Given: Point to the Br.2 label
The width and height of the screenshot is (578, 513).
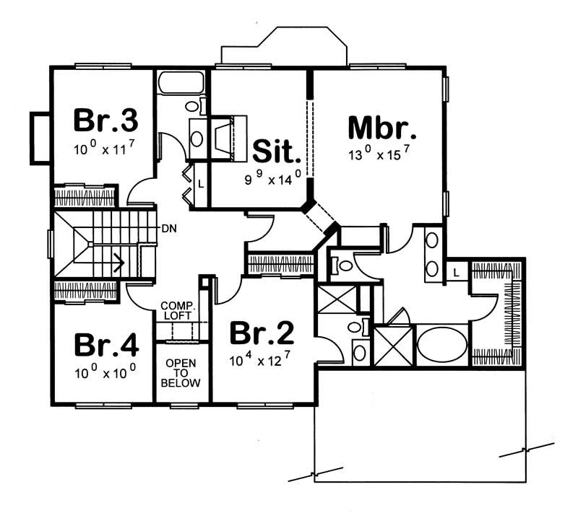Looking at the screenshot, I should click(x=262, y=333).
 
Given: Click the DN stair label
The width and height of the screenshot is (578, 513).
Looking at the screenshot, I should click(x=169, y=229).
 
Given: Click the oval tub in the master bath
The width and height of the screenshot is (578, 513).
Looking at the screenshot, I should click(x=443, y=345).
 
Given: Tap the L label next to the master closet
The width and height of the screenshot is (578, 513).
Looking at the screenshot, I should click(x=457, y=272).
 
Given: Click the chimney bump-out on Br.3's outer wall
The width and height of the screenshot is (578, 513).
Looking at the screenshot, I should click(x=39, y=138).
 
